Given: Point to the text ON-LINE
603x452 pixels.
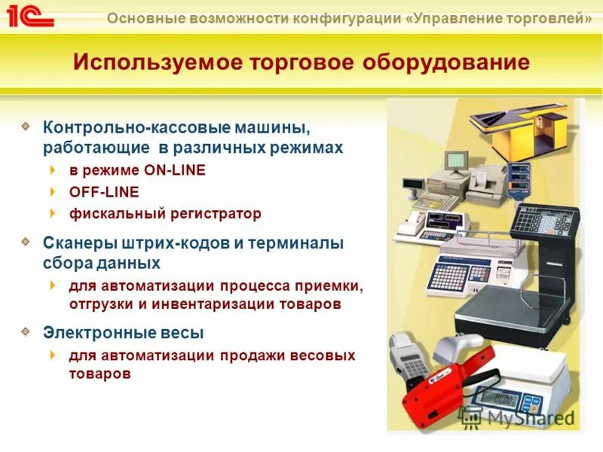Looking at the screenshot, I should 174,170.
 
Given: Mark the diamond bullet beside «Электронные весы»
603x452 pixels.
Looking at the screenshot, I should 26,331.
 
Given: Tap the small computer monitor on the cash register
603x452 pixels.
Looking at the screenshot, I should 456,160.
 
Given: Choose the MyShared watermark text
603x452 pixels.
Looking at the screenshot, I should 531,417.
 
